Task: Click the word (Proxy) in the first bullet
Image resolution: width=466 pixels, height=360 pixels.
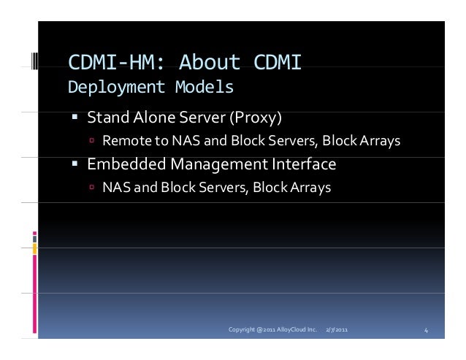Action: click(256, 117)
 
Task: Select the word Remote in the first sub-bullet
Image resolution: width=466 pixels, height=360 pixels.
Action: click(124, 140)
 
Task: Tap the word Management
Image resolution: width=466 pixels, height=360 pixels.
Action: click(216, 164)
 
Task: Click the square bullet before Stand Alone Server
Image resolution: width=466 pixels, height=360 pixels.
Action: click(75, 118)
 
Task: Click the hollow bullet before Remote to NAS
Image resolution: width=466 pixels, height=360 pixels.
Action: click(92, 141)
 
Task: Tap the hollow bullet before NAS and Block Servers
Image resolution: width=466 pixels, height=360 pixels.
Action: click(92, 188)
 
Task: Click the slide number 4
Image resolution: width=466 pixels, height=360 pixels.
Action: click(427, 331)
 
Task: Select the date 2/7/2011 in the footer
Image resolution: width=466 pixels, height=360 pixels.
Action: click(337, 331)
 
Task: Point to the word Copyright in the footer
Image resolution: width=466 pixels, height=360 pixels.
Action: click(243, 331)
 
